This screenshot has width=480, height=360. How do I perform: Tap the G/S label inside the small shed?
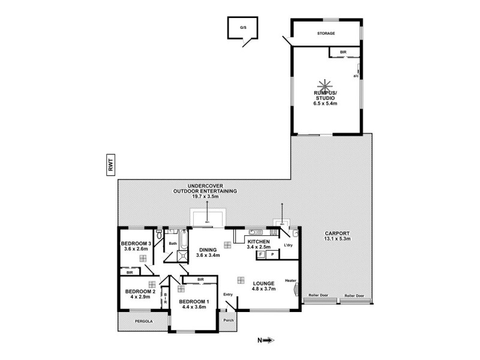pyautogui.click(x=243, y=28)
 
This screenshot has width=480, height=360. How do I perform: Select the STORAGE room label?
pyautogui.click(x=326, y=34)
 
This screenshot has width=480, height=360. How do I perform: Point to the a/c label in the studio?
pyautogui.click(x=355, y=76)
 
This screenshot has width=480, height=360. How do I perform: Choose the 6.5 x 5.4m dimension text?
pyautogui.click(x=326, y=103)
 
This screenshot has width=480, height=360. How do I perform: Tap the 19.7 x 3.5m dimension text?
pyautogui.click(x=205, y=196)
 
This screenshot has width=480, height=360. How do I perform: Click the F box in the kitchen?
pyautogui.click(x=261, y=254)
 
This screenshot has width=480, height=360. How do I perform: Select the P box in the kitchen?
pyautogui.click(x=272, y=254)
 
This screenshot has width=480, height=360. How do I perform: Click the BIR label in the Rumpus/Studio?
pyautogui.click(x=343, y=53)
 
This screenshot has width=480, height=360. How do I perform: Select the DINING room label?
pyautogui.click(x=208, y=250)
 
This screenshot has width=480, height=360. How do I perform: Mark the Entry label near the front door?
pyautogui.click(x=227, y=295)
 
